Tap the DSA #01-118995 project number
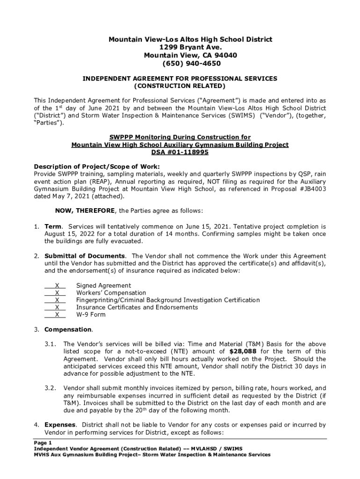[180, 152]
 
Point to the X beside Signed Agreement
[57, 285]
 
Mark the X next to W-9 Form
[57, 315]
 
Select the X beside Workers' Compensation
[57, 293]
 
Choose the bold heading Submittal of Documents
[85, 256]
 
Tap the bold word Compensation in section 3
[68, 329]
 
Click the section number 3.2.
[50, 388]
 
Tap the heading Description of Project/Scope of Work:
[97, 167]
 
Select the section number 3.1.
[50, 344]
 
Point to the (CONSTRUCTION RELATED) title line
[180, 86]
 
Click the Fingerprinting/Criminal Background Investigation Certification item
[168, 300]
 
